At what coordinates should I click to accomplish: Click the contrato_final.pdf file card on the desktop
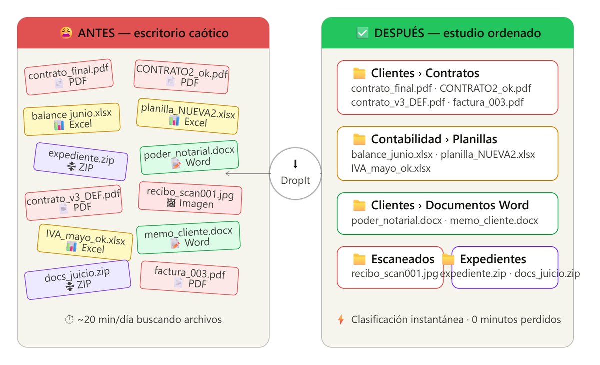(69, 77)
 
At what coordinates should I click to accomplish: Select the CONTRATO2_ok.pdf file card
(181, 77)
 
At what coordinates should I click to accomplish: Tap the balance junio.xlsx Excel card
(72, 119)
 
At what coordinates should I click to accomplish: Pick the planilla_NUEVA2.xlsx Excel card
(188, 116)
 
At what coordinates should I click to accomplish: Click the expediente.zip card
(81, 162)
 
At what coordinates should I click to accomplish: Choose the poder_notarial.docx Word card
(189, 157)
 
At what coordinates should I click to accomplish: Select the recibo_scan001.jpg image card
(190, 198)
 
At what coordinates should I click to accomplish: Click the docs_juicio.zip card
(78, 280)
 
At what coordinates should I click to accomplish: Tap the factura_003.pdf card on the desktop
(189, 278)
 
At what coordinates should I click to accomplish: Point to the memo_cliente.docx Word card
(188, 238)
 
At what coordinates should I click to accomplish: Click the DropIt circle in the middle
(295, 174)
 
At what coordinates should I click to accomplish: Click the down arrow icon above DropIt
(295, 164)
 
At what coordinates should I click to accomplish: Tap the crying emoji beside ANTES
(66, 33)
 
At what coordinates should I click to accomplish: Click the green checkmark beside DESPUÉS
(362, 33)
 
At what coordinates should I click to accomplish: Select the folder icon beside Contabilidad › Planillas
(359, 139)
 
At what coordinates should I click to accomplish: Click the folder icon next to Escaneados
(359, 259)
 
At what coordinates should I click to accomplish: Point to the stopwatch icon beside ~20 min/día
(69, 319)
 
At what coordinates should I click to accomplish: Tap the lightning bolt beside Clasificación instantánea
(341, 319)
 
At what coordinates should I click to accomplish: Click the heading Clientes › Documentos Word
(450, 205)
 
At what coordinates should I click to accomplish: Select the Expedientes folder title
(493, 259)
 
